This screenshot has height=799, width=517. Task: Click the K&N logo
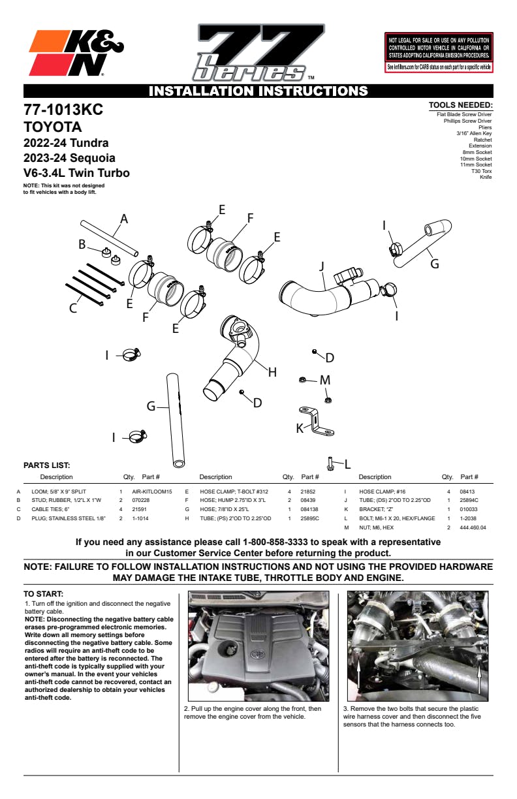[76, 53]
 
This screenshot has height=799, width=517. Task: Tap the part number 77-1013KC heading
[63, 110]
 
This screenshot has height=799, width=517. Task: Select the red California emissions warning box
[439, 52]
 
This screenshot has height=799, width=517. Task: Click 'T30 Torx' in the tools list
[481, 171]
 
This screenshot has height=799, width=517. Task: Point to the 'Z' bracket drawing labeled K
[317, 421]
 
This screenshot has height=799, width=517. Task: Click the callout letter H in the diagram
[272, 372]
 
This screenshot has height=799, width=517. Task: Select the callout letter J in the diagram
[322, 266]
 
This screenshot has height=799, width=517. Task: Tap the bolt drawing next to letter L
[330, 463]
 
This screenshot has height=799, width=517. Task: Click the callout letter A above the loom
[124, 219]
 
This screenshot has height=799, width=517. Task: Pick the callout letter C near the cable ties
[73, 308]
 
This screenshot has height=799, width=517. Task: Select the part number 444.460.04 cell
[473, 527]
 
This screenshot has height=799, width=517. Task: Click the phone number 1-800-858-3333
[275, 542]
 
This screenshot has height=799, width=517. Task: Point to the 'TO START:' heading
[43, 594]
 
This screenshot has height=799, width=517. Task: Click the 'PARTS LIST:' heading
[47, 465]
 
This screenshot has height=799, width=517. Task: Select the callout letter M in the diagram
[325, 380]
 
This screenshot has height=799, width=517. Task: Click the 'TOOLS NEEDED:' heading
[461, 105]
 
